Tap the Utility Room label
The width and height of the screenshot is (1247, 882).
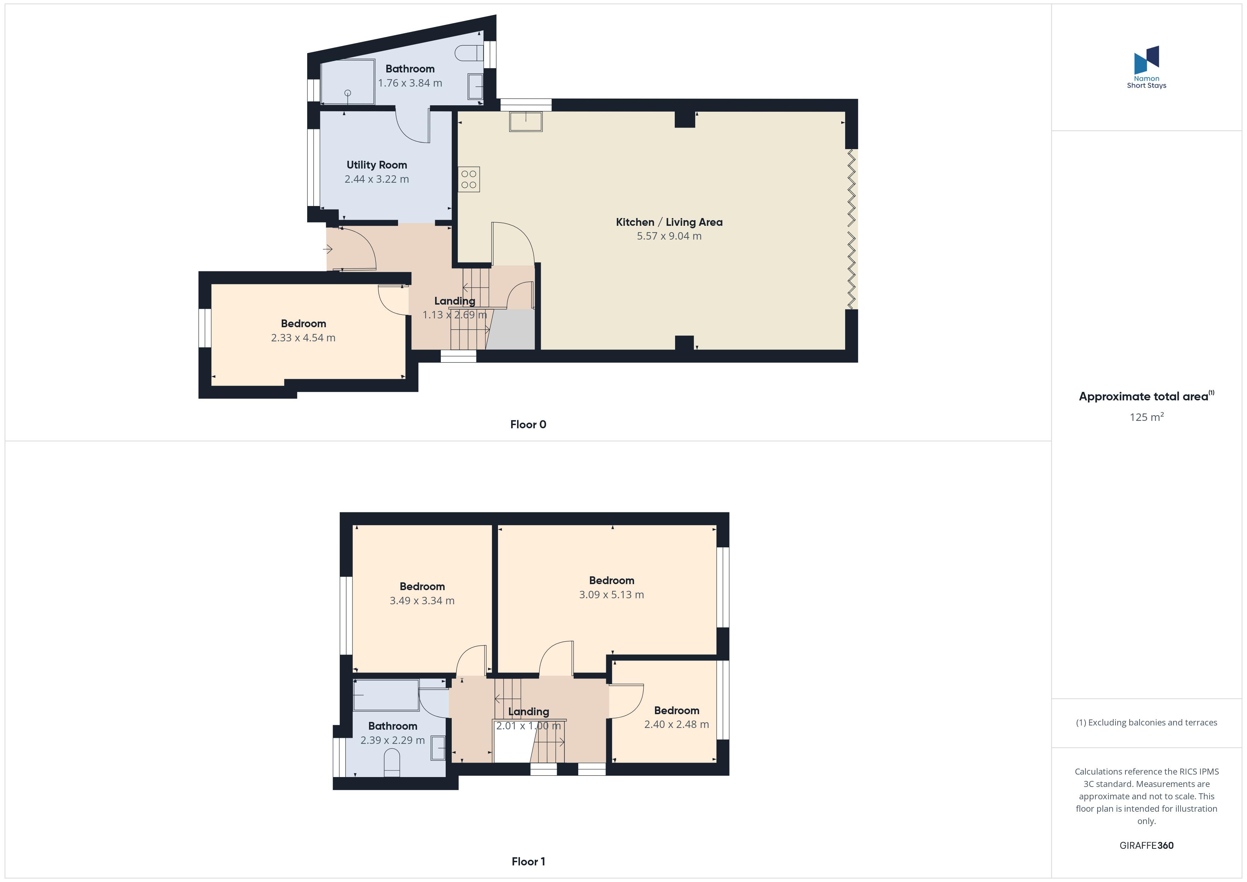point(376,165)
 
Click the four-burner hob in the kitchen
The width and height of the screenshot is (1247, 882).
point(469,179)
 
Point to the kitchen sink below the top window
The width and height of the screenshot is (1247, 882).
point(525,121)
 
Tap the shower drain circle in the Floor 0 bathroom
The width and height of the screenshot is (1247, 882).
point(347,93)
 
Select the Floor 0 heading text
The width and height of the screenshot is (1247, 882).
point(528,424)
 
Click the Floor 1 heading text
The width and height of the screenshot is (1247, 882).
point(528,861)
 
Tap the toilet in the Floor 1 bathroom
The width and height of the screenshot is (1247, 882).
point(392,763)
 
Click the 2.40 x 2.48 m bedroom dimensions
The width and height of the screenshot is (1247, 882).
point(676,724)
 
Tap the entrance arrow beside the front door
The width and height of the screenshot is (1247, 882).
point(328,249)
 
